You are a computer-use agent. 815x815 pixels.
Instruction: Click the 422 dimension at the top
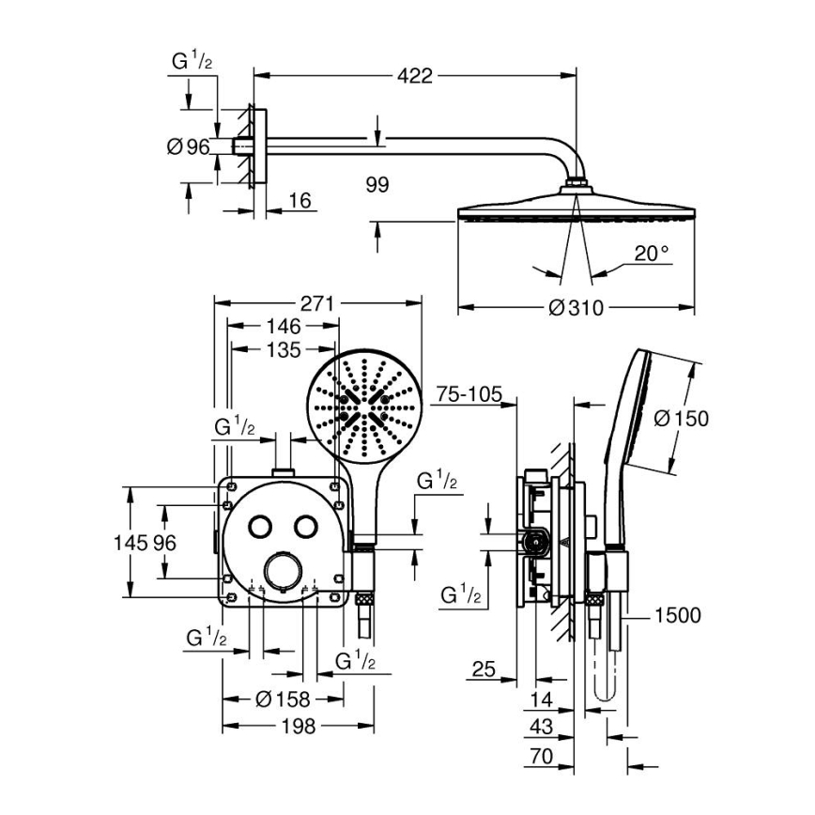pos(413,75)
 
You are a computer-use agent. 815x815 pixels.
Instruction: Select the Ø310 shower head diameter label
pos(575,307)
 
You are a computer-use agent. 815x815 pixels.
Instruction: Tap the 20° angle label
pos(652,253)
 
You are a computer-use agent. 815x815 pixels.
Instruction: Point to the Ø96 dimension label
pos(187,146)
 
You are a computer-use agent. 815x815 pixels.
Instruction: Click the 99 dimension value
pos(377,184)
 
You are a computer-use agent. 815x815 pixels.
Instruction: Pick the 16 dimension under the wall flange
pos(299,200)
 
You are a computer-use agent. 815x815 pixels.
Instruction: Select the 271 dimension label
pos(317,303)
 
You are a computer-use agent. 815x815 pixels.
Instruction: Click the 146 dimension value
pos(282,327)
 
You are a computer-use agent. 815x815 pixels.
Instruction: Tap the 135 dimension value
pos(282,350)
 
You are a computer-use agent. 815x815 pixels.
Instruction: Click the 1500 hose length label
pos(676,615)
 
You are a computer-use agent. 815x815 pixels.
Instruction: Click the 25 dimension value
pos(483,669)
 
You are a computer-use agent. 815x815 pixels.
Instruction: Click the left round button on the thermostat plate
pos(261,526)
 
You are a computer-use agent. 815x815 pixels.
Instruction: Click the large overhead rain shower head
pos(576,208)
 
